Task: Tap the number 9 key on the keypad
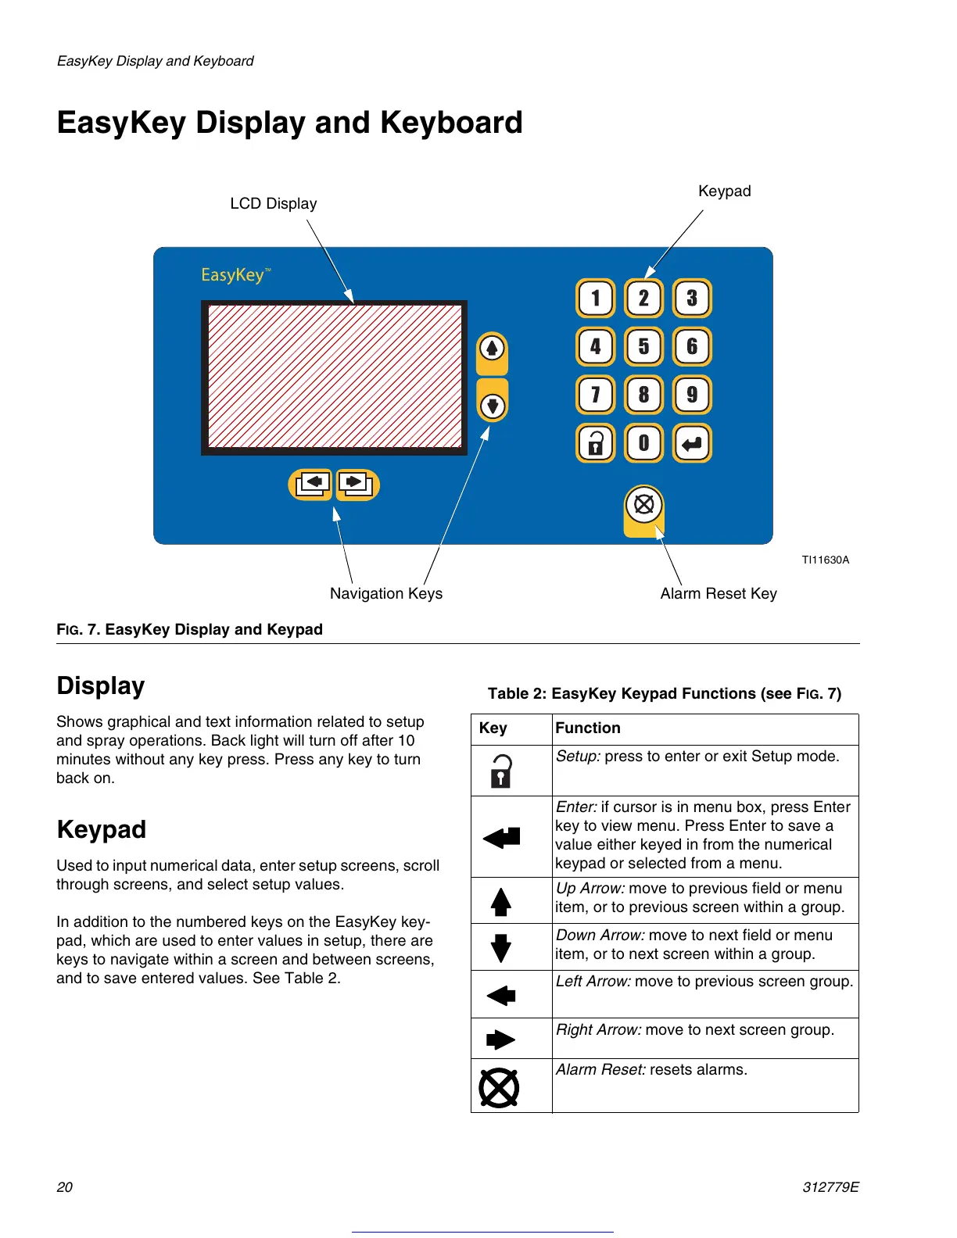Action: click(x=692, y=395)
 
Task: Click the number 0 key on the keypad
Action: click(x=643, y=443)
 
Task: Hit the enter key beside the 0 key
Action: click(x=692, y=443)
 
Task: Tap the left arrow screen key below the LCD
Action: click(x=312, y=484)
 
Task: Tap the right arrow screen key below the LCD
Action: click(x=357, y=484)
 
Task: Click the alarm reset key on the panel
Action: click(x=644, y=505)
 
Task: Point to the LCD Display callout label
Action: click(x=274, y=204)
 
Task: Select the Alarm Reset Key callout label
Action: click(x=719, y=594)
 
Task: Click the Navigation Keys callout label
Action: click(x=386, y=594)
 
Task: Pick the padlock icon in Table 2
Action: click(x=501, y=771)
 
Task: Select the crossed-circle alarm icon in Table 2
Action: click(x=499, y=1087)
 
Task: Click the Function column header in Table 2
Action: click(x=588, y=728)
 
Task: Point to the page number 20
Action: click(x=65, y=1187)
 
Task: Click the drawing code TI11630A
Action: click(x=825, y=560)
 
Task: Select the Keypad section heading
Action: click(x=102, y=829)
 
